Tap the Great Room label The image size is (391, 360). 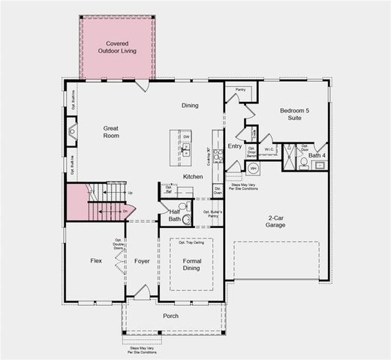pos(112,132)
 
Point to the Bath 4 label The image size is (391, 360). pos(317,154)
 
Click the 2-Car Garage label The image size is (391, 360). pos(280,222)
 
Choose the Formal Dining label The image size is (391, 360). pos(191,265)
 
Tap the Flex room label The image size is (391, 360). pos(96,261)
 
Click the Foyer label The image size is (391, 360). pos(142,261)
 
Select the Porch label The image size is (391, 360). pos(171,316)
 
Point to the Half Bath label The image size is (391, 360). pos(174,214)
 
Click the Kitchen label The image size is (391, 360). pos(193,176)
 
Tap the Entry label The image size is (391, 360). pos(235,146)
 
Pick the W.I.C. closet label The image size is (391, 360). pos(269,150)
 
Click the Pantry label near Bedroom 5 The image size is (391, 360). pos(240,90)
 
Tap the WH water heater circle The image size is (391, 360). pos(253,168)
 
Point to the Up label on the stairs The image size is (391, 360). pos(131,193)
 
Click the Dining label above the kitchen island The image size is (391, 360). pos(190,106)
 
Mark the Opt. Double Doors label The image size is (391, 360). pos(119,244)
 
